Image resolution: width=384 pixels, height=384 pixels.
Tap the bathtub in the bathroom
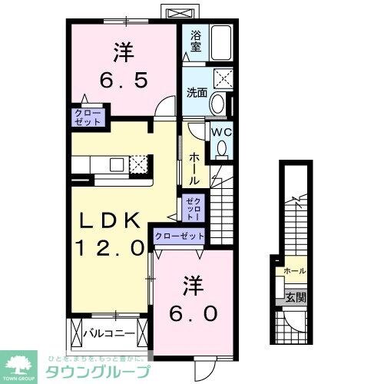click(x=220, y=43)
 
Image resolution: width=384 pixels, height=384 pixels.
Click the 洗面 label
click(x=196, y=93)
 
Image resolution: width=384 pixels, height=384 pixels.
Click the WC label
click(x=221, y=131)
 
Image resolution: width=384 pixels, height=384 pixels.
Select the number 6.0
click(x=193, y=313)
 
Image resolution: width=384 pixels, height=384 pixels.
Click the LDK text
click(x=111, y=221)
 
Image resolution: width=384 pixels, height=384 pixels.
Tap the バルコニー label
click(x=114, y=334)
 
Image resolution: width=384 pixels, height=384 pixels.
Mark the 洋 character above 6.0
click(x=193, y=286)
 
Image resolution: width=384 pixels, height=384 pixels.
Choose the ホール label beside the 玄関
click(x=293, y=271)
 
